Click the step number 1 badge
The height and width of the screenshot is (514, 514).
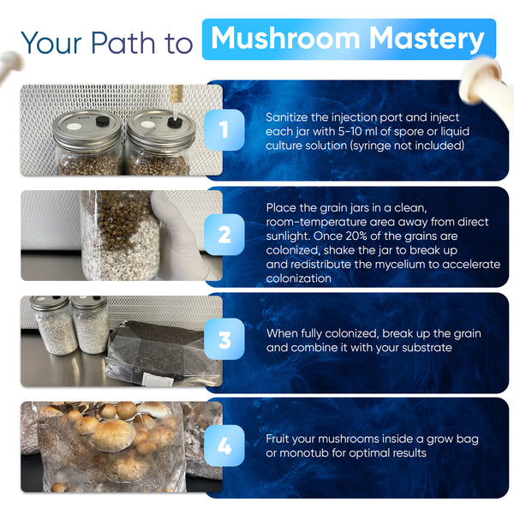tap(224, 130)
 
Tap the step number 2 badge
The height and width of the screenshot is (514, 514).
tap(224, 235)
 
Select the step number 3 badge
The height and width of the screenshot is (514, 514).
tap(224, 339)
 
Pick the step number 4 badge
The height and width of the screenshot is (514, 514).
tap(224, 445)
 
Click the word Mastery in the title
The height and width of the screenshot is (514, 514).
tap(427, 39)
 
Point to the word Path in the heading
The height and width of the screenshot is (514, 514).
tap(123, 43)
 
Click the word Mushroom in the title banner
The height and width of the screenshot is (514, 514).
tap(285, 38)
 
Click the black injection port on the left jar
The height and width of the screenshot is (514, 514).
tap(103, 121)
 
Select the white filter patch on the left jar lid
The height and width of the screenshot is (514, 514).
tap(74, 127)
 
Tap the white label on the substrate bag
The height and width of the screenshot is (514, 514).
tap(158, 381)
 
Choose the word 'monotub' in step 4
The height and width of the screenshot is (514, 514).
tap(304, 453)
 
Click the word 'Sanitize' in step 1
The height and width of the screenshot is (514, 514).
tap(287, 117)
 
